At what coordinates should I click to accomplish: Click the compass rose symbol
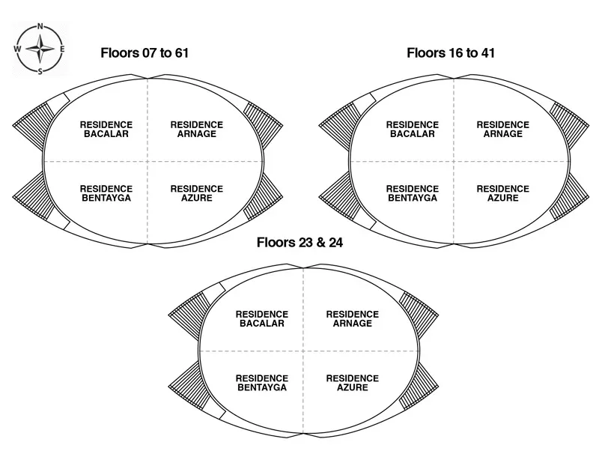click(x=40, y=49)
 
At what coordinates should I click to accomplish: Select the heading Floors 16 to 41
click(x=451, y=53)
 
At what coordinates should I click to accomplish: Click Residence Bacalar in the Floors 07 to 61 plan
click(x=106, y=129)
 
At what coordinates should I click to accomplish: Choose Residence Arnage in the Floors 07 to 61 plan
click(x=196, y=129)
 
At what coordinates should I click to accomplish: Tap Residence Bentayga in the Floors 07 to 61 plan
click(x=106, y=193)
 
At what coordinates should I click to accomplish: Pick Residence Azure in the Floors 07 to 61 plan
click(x=196, y=193)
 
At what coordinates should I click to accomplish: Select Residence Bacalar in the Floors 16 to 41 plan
click(x=413, y=129)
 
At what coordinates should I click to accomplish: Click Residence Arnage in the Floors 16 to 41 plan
click(x=502, y=129)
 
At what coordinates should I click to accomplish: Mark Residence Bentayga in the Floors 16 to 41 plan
click(x=413, y=193)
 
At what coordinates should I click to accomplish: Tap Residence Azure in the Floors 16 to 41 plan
click(x=502, y=193)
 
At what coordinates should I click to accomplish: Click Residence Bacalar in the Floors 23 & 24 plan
click(x=262, y=318)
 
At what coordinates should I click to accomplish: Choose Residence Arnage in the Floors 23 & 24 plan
click(x=352, y=318)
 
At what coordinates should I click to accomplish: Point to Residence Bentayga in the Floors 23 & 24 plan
click(x=262, y=383)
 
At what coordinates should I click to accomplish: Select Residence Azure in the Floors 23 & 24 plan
click(x=352, y=383)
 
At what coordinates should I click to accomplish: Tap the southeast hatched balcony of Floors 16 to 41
click(x=569, y=196)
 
